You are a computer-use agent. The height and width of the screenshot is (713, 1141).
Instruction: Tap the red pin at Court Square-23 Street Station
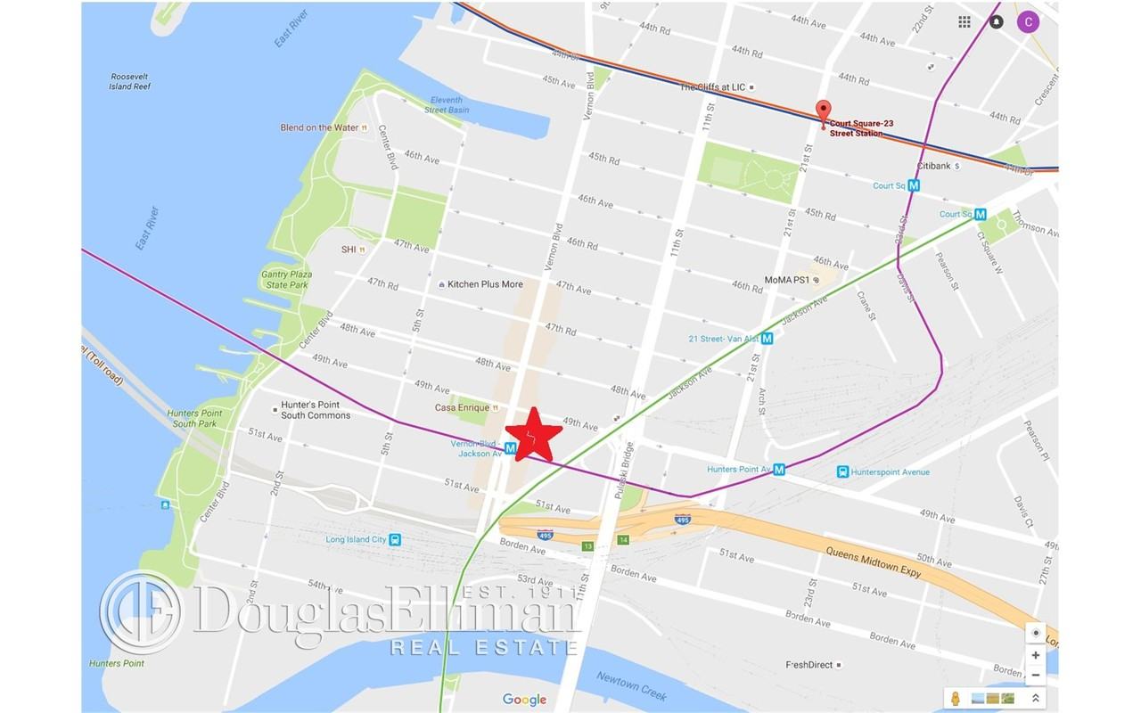pyautogui.click(x=824, y=112)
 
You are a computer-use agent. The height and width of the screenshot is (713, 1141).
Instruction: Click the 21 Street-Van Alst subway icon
pyautogui.click(x=767, y=339)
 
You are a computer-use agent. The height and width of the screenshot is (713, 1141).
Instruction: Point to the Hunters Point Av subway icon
pyautogui.click(x=779, y=470)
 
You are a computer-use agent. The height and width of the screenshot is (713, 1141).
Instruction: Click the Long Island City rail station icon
pyautogui.click(x=395, y=539)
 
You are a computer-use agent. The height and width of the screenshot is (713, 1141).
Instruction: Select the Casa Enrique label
pyautogui.click(x=462, y=407)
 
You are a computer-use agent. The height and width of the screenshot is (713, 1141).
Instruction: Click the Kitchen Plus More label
pyautogui.click(x=485, y=284)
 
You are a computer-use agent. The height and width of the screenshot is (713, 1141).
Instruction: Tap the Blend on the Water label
pyautogui.click(x=319, y=127)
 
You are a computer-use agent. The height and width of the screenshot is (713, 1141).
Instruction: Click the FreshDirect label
pyautogui.click(x=815, y=665)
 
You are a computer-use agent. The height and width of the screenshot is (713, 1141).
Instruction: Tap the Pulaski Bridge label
pyautogui.click(x=629, y=471)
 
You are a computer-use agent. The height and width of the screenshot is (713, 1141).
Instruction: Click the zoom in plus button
pyautogui.click(x=1035, y=655)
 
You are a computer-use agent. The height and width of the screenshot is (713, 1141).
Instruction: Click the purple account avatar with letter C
pyautogui.click(x=1029, y=22)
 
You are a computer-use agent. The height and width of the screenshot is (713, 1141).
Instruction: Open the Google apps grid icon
pyautogui.click(x=965, y=22)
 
